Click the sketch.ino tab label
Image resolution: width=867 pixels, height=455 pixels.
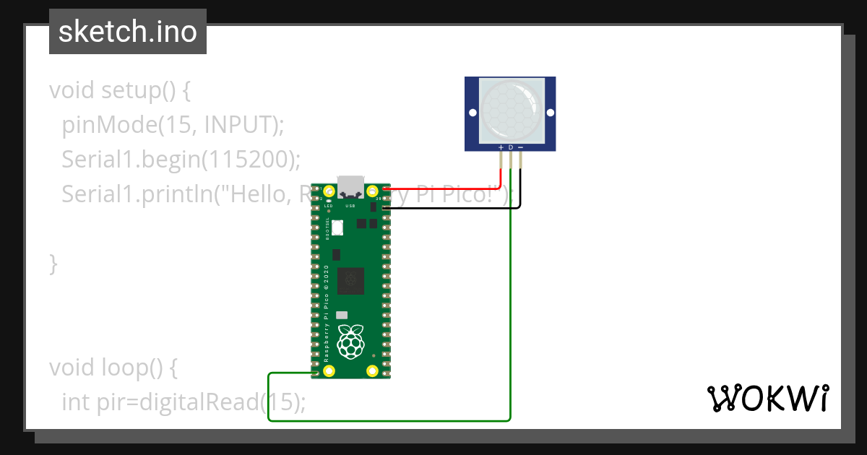(x=127, y=32)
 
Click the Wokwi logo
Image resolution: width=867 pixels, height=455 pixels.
(x=767, y=398)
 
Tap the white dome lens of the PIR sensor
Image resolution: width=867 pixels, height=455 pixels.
(x=510, y=110)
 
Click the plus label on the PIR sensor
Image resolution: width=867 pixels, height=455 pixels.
(x=501, y=147)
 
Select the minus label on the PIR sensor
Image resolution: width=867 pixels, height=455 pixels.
(x=519, y=147)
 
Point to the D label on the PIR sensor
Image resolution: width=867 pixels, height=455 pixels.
(x=510, y=147)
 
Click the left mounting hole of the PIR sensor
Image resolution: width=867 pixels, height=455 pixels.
(x=473, y=113)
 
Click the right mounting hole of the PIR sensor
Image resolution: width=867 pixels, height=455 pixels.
(x=549, y=113)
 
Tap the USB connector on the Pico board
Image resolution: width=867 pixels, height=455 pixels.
(x=351, y=186)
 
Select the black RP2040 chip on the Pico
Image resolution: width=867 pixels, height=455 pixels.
(x=351, y=278)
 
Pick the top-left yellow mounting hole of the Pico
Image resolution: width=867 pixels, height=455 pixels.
(x=329, y=191)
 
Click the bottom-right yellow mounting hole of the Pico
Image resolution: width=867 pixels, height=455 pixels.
(x=373, y=371)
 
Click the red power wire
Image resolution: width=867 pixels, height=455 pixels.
(x=448, y=186)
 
